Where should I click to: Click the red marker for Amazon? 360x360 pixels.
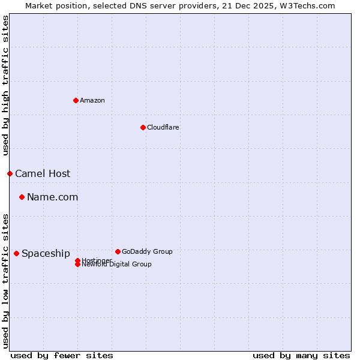tap(76, 100)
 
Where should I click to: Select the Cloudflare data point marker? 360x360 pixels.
tap(143, 127)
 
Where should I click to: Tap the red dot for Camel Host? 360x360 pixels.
tap(10, 173)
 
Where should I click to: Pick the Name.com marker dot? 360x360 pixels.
tap(22, 197)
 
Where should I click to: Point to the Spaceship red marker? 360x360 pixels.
tap(16, 253)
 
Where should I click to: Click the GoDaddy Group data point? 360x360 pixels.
tap(118, 251)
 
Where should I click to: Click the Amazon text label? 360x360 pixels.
tap(92, 101)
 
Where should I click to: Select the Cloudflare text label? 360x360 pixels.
tap(163, 128)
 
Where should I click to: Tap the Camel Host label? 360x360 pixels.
tap(43, 174)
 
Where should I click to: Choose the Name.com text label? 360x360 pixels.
tap(52, 197)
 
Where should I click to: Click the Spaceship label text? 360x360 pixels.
tap(46, 254)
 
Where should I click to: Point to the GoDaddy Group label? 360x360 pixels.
tap(147, 252)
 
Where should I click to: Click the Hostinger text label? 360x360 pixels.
tap(97, 260)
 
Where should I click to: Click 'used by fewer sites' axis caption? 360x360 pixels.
tap(62, 355)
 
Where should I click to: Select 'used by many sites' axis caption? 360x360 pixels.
tap(301, 355)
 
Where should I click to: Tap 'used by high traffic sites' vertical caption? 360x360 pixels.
tap(6, 85)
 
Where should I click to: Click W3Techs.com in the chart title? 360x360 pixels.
tap(305, 5)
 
